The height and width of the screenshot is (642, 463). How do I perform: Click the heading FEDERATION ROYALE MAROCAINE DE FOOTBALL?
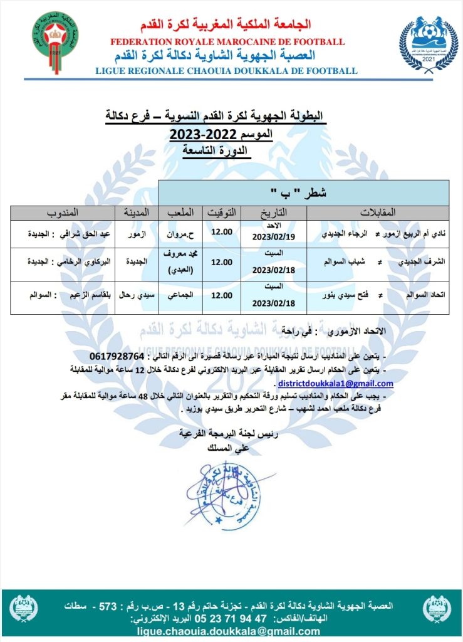pyautogui.click(x=227, y=42)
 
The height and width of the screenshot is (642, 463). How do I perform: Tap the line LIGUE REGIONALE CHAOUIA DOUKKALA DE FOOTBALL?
pyautogui.click(x=227, y=71)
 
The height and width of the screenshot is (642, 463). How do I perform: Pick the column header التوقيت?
pyautogui.click(x=223, y=211)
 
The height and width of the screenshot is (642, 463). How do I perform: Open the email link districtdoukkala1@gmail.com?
pyautogui.click(x=336, y=383)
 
